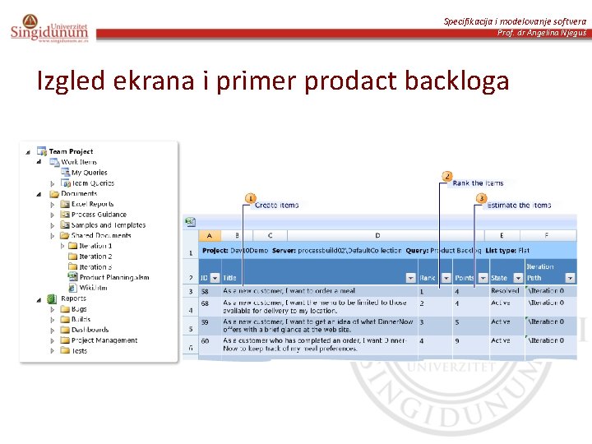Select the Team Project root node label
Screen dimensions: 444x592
[x=71, y=151]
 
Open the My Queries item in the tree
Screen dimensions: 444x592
[x=89, y=173]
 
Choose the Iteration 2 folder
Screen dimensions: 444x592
[x=95, y=257]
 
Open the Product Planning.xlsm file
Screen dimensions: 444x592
[x=114, y=278]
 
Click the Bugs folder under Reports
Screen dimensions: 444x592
[x=79, y=309]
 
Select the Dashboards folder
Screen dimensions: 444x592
[x=90, y=330]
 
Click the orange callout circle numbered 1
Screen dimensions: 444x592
[x=250, y=198]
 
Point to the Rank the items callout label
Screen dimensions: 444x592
[x=478, y=183]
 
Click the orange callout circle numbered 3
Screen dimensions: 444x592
[x=481, y=198]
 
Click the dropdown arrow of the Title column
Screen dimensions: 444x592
[x=411, y=278]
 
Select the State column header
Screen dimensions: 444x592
[x=500, y=278]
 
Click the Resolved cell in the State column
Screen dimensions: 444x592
[x=505, y=291]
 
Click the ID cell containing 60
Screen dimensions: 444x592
[x=205, y=340]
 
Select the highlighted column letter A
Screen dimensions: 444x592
[x=209, y=235]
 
